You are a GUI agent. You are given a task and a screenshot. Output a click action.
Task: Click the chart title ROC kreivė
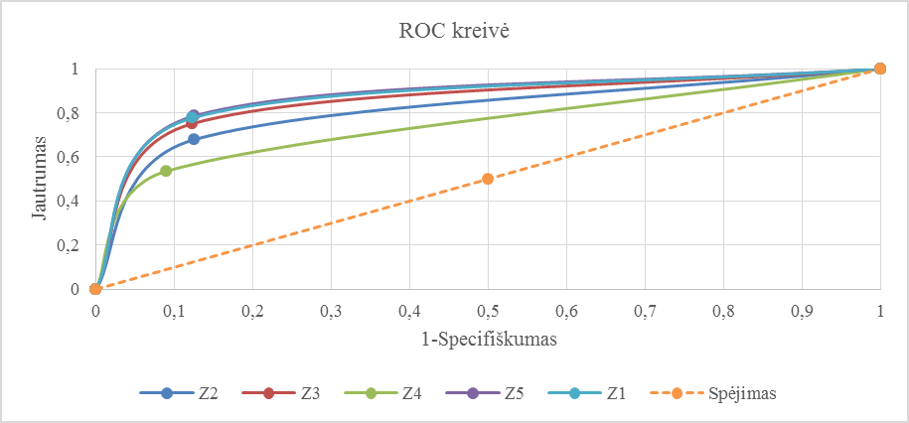(454, 32)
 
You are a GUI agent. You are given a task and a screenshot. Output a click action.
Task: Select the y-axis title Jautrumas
(36, 180)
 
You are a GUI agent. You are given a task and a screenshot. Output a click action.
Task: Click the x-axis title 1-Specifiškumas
(488, 339)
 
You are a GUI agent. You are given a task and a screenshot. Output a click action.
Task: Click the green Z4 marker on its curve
(166, 171)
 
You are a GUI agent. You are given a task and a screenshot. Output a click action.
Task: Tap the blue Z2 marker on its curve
(194, 139)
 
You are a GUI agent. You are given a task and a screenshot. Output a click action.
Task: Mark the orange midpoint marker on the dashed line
(488, 179)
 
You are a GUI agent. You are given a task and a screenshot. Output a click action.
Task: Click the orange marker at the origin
(95, 289)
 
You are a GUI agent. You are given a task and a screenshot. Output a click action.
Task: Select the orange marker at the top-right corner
(880, 69)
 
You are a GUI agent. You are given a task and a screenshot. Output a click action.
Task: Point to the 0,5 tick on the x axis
(488, 310)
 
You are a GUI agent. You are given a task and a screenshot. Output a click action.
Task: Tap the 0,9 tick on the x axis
(802, 310)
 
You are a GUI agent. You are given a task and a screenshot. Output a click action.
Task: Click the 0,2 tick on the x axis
(252, 310)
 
